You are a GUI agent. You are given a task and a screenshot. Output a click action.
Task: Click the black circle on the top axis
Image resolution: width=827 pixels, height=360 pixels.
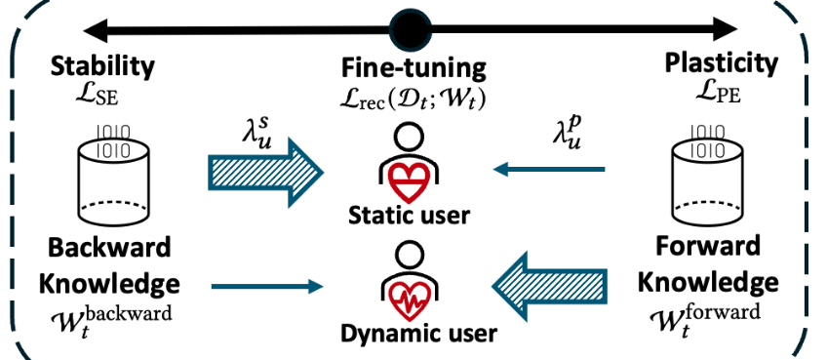411,29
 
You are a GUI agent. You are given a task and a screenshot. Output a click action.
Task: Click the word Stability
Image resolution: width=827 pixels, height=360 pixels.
102,66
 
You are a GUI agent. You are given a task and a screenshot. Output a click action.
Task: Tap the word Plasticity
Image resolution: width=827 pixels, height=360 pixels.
721,64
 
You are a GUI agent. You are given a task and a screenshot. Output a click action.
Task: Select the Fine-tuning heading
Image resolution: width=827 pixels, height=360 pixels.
413,68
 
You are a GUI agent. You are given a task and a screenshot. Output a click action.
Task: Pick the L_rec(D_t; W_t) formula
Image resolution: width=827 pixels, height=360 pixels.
413,99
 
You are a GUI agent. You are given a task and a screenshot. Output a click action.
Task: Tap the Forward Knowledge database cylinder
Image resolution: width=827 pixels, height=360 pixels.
706,175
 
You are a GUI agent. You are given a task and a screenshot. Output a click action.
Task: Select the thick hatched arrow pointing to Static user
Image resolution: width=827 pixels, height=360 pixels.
265,172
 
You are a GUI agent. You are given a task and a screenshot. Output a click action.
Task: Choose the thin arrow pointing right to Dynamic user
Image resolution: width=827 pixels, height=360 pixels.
267,287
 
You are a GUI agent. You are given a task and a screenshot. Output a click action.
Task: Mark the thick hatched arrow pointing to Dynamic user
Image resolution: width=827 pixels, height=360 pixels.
549,286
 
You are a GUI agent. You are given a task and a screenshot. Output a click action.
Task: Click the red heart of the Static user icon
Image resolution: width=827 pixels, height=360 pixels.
410,179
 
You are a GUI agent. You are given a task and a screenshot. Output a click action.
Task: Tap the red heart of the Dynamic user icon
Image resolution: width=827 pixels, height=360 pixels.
410,298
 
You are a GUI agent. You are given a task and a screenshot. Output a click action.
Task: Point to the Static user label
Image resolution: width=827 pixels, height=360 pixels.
409,216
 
